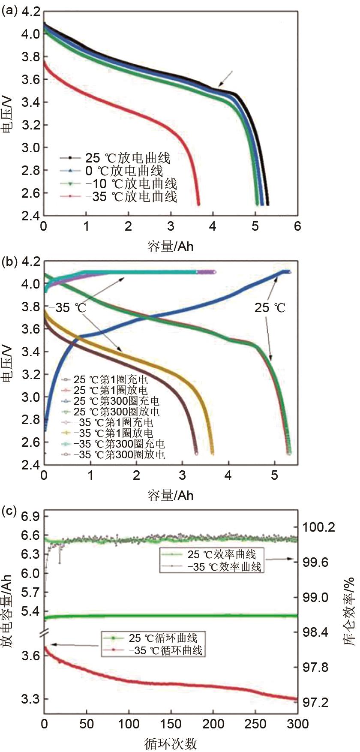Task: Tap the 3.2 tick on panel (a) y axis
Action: [31, 125]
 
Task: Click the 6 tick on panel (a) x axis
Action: [297, 226]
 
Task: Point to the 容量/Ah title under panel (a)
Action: [170, 246]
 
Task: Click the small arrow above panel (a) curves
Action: [225, 79]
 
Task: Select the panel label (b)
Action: [9, 262]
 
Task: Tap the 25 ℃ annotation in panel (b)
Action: [270, 308]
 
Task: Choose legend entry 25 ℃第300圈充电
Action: [117, 401]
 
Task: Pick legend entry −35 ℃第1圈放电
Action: [114, 433]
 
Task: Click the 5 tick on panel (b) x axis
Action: [274, 475]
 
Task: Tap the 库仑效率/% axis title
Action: [349, 613]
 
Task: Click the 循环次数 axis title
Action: [171, 744]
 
